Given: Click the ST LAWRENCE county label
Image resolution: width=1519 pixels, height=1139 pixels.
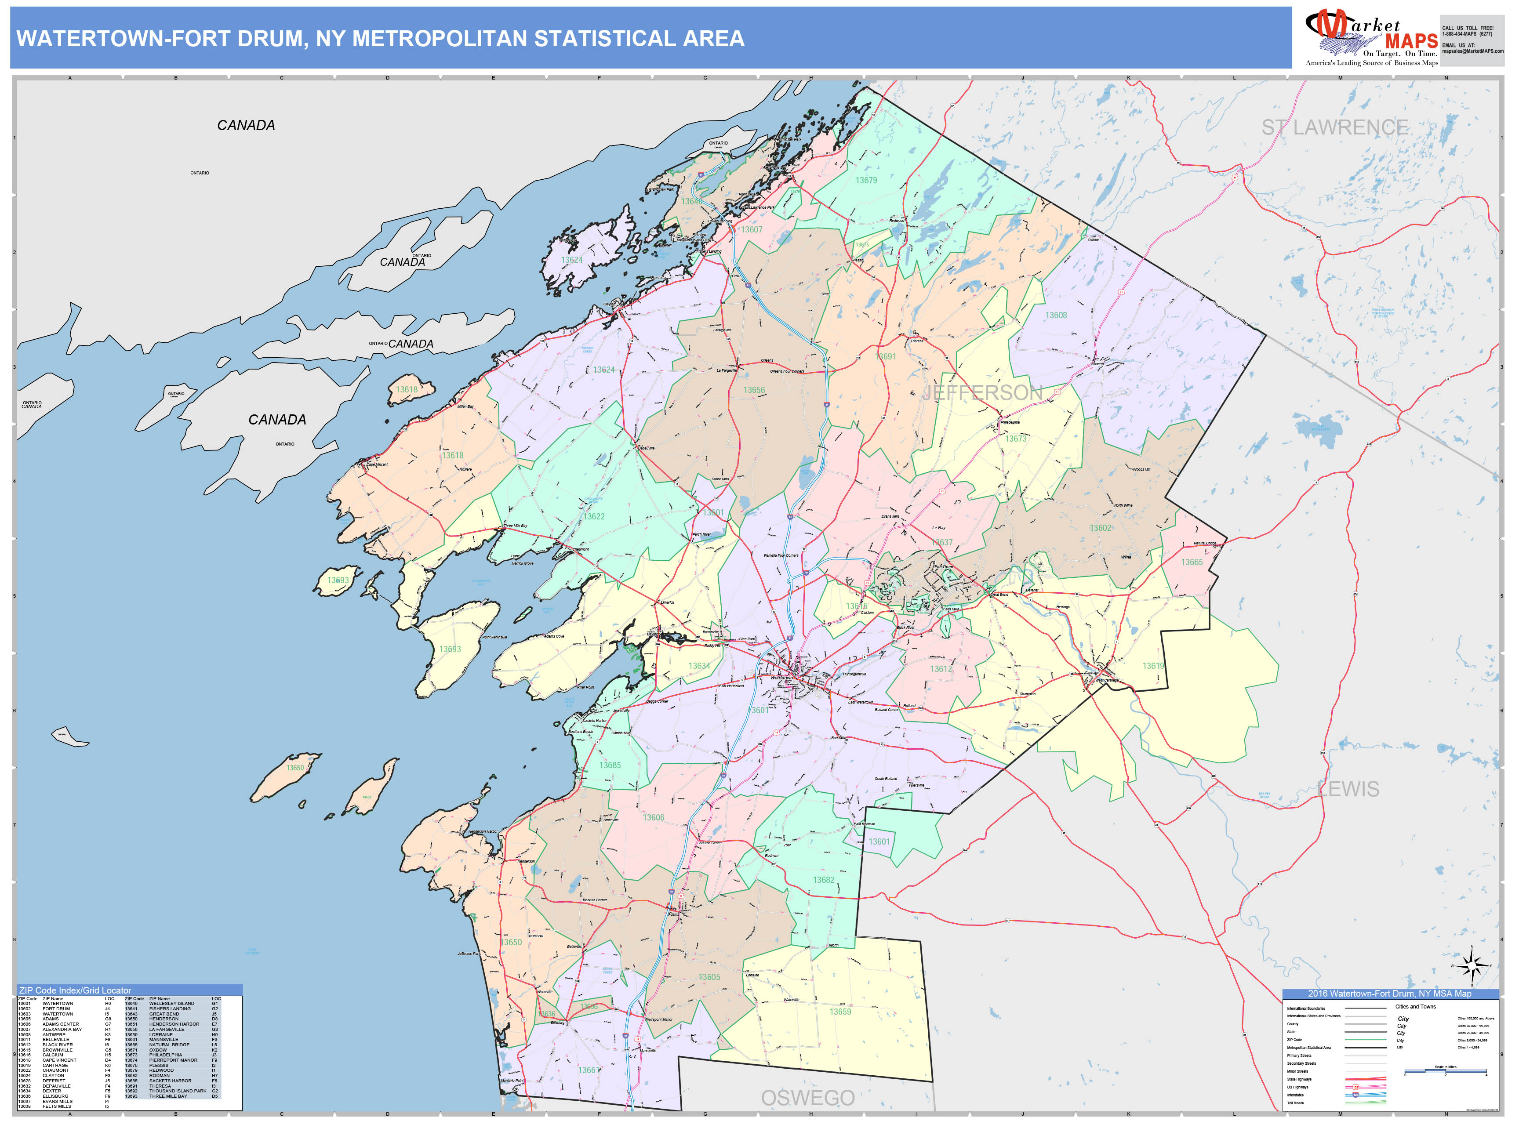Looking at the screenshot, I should point(1334,128).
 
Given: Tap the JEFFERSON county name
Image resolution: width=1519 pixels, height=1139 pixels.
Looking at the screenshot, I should point(982,393).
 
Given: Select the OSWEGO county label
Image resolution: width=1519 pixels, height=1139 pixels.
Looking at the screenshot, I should point(807,1098).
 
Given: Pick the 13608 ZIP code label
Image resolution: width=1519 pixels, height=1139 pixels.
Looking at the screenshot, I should point(1056,315).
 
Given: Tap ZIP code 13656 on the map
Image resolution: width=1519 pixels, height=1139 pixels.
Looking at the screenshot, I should point(754,390).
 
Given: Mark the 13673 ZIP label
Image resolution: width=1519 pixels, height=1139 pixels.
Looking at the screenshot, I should point(1016,439).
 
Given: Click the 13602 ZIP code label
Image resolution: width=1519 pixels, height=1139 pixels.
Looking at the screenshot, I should point(1100,528).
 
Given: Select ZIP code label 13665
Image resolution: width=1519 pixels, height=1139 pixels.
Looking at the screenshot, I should point(1192,562).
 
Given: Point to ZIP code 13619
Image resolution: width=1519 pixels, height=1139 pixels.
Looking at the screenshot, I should point(1153,666).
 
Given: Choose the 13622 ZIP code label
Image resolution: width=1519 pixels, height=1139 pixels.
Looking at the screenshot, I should point(594,517).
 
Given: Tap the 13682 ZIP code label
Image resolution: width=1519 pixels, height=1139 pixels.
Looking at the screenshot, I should point(824,880).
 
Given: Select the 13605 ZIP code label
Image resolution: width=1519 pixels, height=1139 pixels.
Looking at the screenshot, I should point(709,977).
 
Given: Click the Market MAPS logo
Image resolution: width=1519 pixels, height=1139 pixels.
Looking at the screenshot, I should point(1371,38).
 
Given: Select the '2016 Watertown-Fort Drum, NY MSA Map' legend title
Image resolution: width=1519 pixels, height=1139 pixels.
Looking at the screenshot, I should point(1389,994).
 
